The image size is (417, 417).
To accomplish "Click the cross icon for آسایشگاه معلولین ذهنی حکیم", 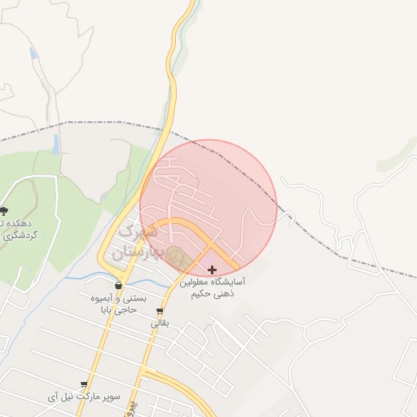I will tap(213, 270).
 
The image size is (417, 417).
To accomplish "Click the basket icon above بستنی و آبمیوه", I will tap(120, 286).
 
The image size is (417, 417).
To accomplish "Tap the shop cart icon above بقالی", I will tap(160, 311).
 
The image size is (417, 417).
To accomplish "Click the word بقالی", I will tap(160, 323).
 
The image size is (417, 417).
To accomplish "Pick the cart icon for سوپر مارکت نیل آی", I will tap(84, 384).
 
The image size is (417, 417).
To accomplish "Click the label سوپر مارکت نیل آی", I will tap(85, 397).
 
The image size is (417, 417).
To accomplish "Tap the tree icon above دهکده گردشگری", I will tap(3, 212).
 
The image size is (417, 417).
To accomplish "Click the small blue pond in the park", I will tap(55, 145).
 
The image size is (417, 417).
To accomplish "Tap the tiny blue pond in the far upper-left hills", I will tap(33, 54).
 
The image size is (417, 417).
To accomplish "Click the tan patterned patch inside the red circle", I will tap(181, 259).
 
